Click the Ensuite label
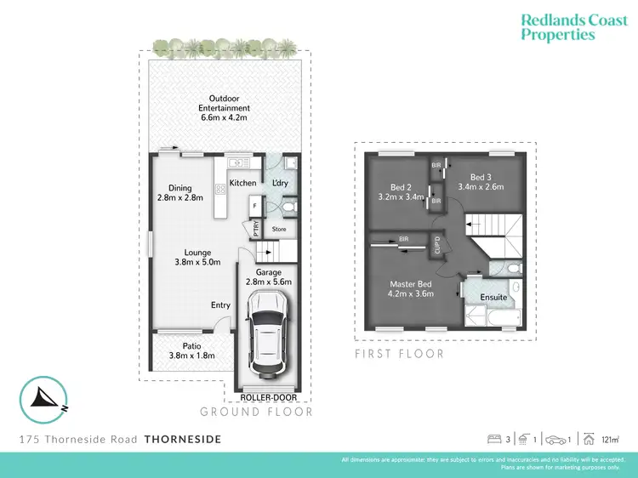493,298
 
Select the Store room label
280,229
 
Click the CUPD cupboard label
438,246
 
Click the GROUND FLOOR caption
256,412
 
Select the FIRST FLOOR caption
399,354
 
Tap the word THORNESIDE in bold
183,440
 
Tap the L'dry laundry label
281,183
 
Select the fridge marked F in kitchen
255,205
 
